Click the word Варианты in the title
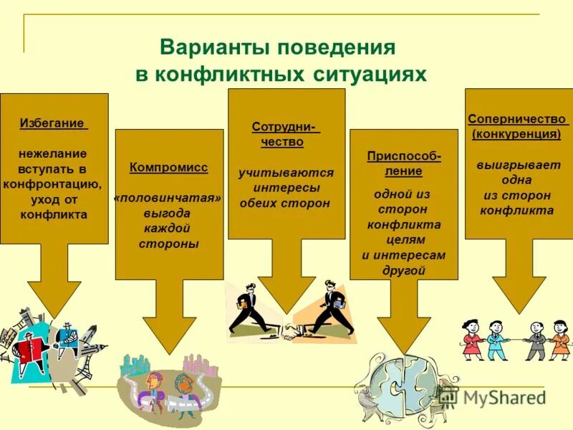click(206, 49)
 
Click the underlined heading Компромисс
click(169, 168)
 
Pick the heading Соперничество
click(516, 119)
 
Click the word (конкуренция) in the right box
click(516, 134)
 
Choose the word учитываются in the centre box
click(286, 173)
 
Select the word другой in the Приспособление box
click(404, 270)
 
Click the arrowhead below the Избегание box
click(54, 297)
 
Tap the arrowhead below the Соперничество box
click(519, 295)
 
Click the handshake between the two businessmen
click(292, 332)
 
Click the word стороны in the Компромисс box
click(169, 244)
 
